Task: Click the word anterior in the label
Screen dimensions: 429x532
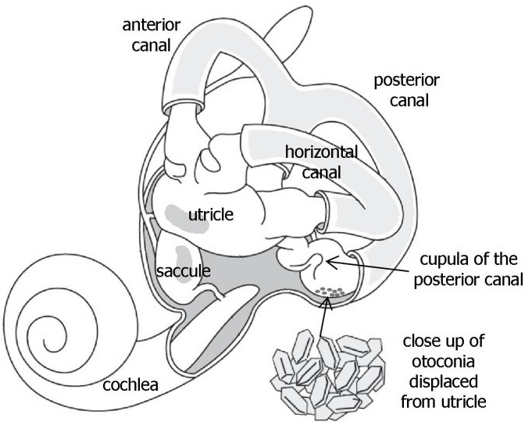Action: [152, 25]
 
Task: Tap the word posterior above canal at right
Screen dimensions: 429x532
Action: [406, 80]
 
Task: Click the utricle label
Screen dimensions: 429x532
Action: [211, 213]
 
